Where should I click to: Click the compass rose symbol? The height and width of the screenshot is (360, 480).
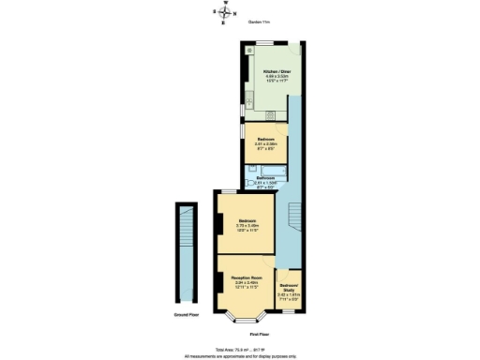(223, 12)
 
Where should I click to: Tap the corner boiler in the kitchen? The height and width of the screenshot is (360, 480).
(249, 49)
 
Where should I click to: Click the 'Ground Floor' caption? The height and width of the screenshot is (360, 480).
(187, 315)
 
